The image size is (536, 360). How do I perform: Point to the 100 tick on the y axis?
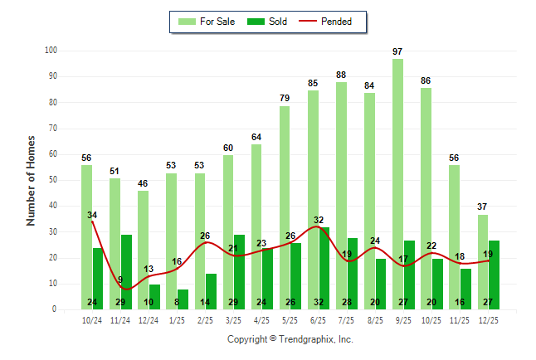(51, 51)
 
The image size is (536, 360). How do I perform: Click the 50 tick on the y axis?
(53, 180)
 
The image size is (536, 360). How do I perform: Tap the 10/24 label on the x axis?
(92, 319)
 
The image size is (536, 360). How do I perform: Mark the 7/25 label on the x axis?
(347, 319)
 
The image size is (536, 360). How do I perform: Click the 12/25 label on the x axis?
(488, 319)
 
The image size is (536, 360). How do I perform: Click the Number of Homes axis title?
(31, 180)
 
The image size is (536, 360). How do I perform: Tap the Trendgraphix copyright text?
(290, 339)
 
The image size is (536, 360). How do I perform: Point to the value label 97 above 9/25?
(398, 52)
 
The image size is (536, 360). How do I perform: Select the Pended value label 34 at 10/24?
(92, 216)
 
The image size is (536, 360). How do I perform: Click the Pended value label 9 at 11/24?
(120, 280)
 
